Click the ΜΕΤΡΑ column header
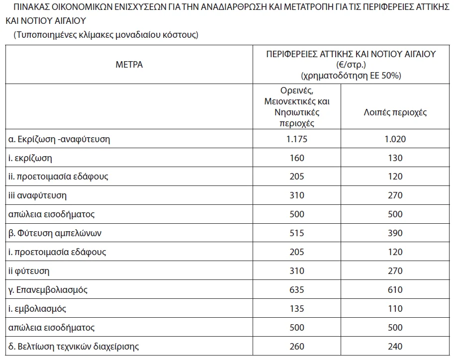tap(129, 65)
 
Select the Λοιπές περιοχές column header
tap(395, 112)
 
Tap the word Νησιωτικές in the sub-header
tap(297, 112)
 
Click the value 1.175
tap(297, 139)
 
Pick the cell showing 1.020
tap(395, 139)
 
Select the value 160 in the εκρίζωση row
tap(297, 158)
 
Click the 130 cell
tap(395, 158)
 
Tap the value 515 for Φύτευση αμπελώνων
tap(297, 233)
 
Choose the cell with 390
tap(395, 233)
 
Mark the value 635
tap(297, 290)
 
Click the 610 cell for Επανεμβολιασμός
tap(395, 290)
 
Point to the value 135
tap(297, 309)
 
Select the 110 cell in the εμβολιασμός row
tap(395, 309)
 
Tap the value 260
tap(297, 347)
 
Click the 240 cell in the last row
tap(395, 347)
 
